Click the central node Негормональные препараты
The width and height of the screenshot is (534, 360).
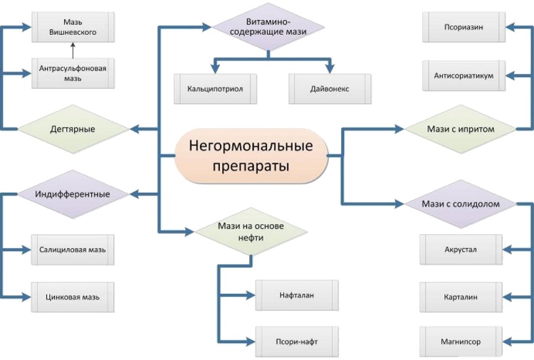click(251, 156)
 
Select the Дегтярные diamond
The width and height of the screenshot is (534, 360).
click(73, 129)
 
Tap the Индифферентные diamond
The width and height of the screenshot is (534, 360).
click(73, 194)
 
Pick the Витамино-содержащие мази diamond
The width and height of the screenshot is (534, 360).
click(268, 27)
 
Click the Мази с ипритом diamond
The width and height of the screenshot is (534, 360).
click(460, 129)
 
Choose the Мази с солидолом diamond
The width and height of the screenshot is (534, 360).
click(460, 203)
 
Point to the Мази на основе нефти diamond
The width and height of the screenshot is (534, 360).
click(251, 231)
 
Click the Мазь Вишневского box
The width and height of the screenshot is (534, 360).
click(73, 27)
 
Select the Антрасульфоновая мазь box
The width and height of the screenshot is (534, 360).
click(73, 73)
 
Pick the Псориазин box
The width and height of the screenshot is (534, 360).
click(464, 27)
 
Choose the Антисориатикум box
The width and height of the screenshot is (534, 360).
click(464, 75)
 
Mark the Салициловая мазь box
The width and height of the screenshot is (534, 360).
click(73, 250)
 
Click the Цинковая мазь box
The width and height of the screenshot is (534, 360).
click(73, 296)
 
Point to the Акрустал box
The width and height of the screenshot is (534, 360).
click(461, 250)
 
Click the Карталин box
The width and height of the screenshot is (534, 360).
click(461, 296)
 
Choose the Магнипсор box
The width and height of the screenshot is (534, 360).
click(461, 342)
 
